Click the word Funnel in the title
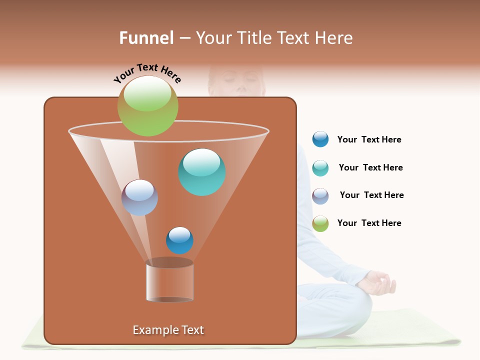point(146,38)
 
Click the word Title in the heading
point(253,38)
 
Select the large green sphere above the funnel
point(147,106)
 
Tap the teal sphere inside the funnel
point(202,172)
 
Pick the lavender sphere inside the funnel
point(139,197)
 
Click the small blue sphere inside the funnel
point(179,240)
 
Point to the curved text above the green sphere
point(147,73)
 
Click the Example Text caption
point(168,330)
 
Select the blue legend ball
point(320,139)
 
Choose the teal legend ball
point(320,168)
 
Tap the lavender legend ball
point(320,196)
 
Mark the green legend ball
point(320,223)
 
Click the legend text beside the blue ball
point(369,139)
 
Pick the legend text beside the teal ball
point(370,167)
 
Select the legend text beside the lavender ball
point(371,195)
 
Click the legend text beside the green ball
point(369,223)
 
